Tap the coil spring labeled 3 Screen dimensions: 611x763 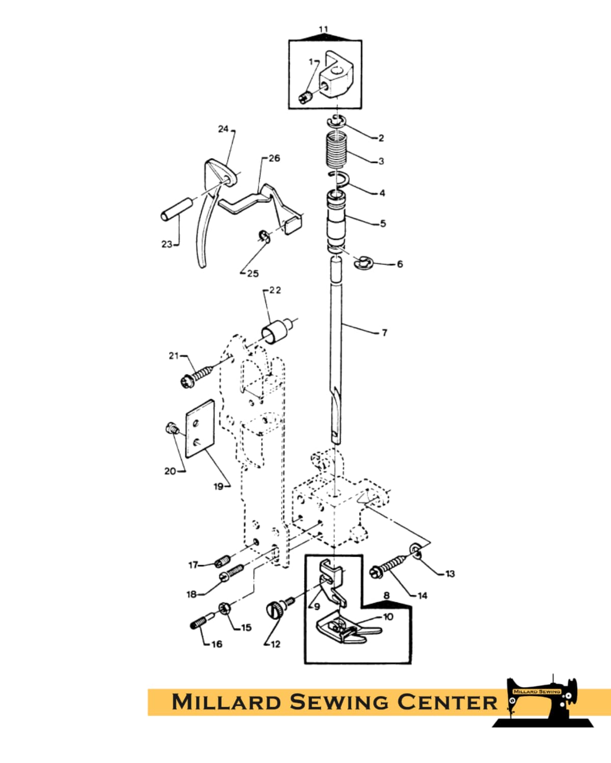(336, 149)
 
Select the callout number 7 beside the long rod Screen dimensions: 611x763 (384, 333)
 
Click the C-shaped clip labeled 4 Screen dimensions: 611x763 (340, 180)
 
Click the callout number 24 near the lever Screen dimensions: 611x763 (224, 129)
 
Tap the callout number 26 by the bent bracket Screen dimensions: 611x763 (274, 158)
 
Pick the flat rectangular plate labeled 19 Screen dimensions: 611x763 (200, 428)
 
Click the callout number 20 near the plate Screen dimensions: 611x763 (170, 471)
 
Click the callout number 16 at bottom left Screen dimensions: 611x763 (217, 644)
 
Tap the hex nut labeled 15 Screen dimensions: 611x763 (225, 609)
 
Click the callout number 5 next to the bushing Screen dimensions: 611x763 (383, 224)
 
